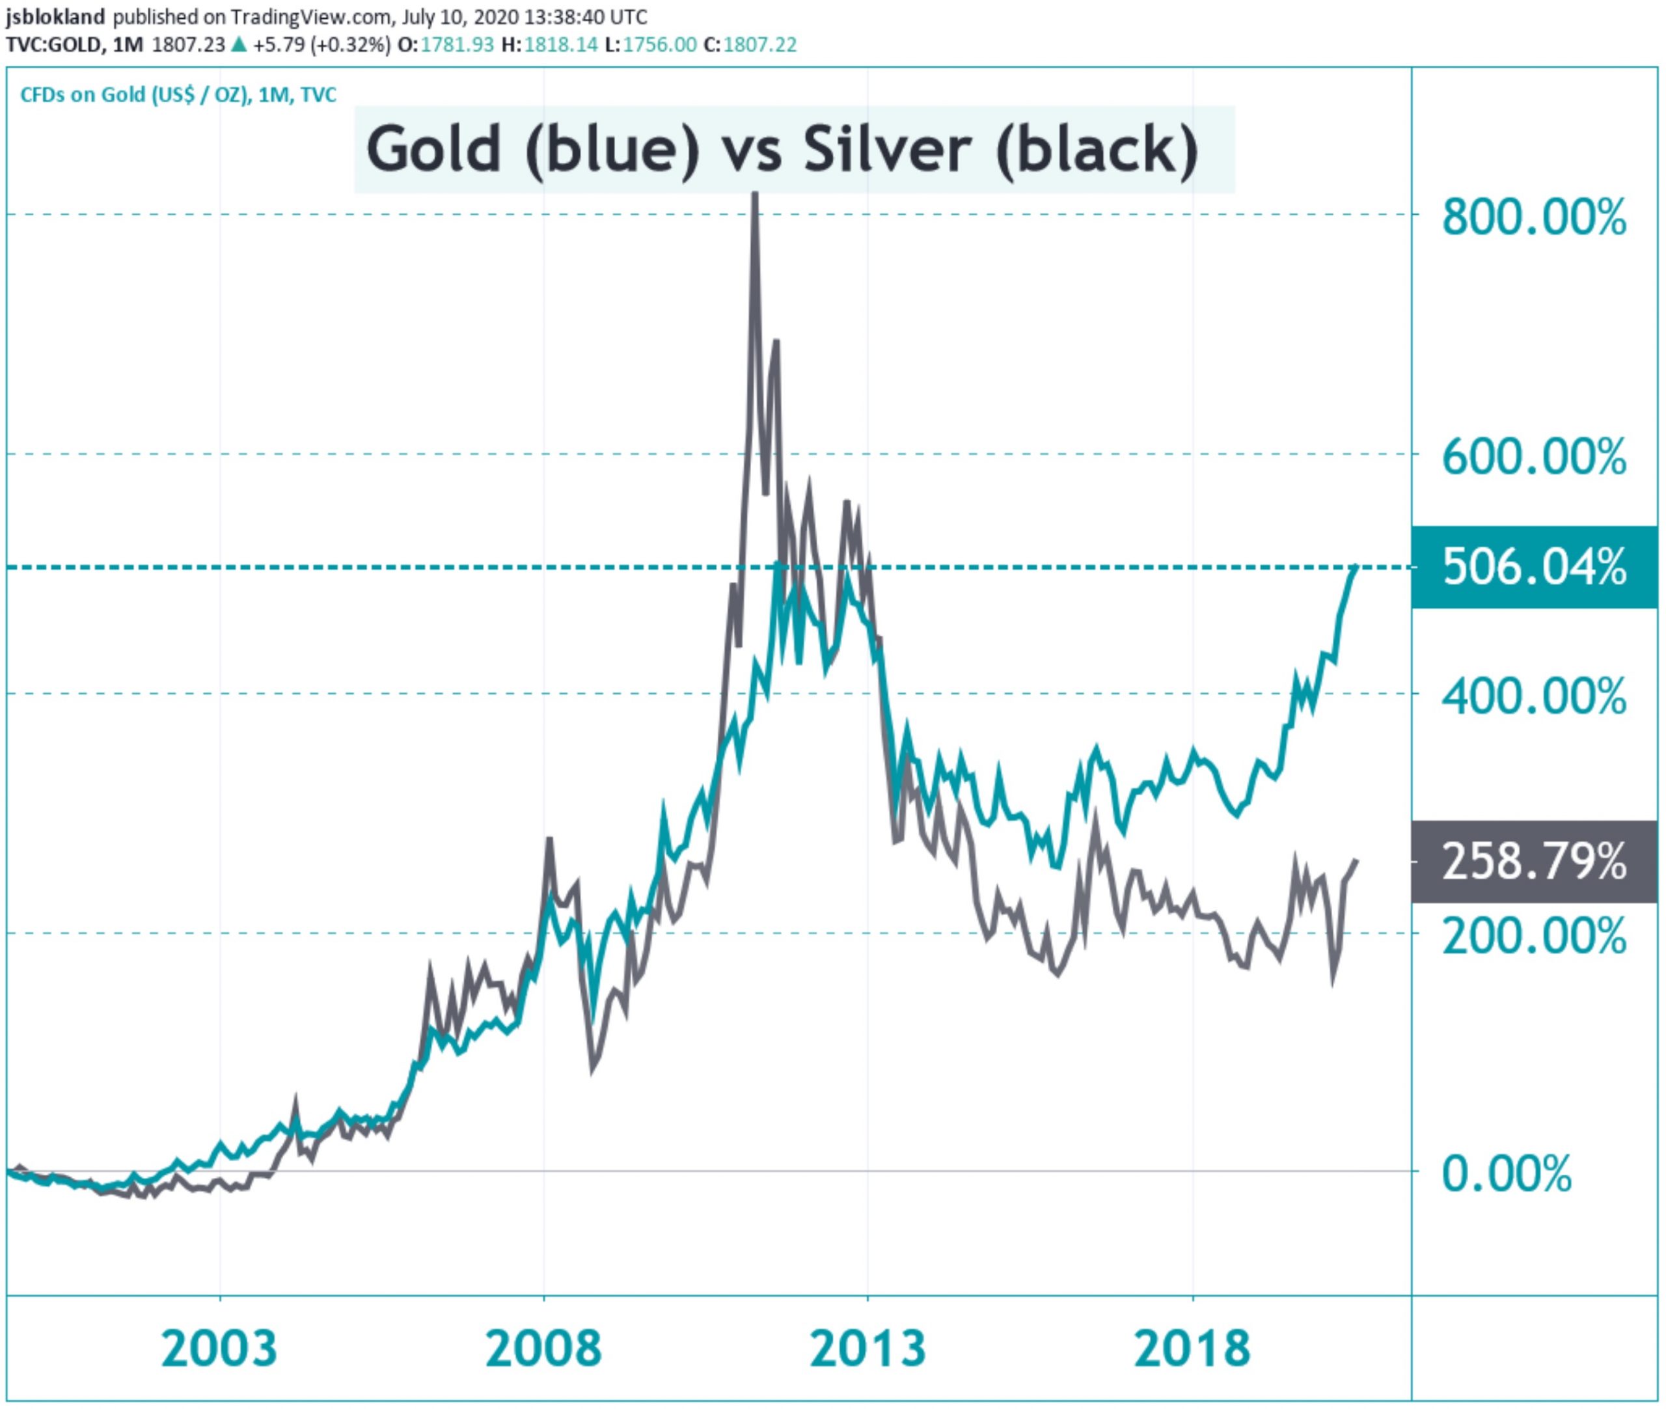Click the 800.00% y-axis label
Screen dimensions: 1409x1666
click(1533, 217)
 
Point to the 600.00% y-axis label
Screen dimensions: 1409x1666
click(1533, 457)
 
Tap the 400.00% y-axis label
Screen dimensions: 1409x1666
click(1533, 696)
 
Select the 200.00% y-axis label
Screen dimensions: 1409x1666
click(1533, 935)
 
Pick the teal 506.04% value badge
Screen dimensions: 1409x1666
click(1533, 567)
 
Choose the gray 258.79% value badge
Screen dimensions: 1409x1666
click(1533, 862)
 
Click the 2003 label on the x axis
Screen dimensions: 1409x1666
click(219, 1349)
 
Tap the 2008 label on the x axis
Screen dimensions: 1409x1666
click(543, 1349)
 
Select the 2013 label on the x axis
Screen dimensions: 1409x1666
click(867, 1349)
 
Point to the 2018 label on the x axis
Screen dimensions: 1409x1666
click(1192, 1349)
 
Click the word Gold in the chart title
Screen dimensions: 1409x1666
click(433, 150)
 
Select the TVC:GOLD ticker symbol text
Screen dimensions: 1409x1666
click(54, 45)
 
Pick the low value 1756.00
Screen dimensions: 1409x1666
click(660, 45)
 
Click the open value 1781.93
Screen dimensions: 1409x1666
click(457, 45)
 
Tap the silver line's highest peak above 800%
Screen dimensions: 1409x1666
click(754, 197)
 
